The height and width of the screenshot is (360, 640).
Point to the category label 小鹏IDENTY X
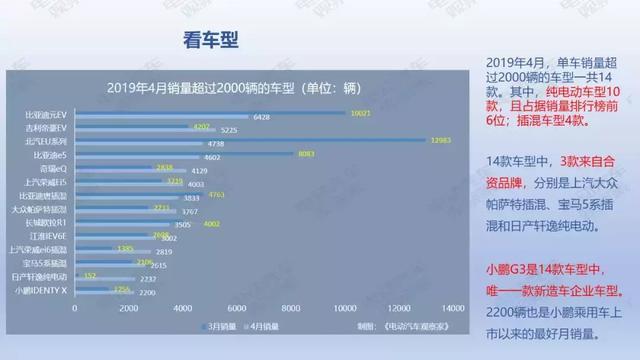pyautogui.click(x=42, y=290)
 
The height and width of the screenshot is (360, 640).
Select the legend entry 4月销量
pyautogui.click(x=262, y=325)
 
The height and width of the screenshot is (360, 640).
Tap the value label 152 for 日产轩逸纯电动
pyautogui.click(x=90, y=274)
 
